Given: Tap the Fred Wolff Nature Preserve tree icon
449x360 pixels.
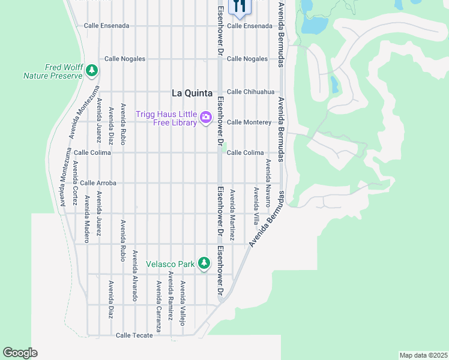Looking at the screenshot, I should [92, 71].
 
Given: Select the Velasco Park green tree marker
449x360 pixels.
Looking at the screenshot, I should [204, 263].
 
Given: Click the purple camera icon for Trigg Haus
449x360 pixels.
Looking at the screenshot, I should [206, 116].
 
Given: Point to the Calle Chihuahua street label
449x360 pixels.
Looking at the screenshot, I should [250, 92].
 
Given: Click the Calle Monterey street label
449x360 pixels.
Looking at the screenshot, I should [249, 122].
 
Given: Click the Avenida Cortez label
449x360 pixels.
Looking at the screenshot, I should [75, 183].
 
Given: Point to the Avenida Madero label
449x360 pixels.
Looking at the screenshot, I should [87, 219].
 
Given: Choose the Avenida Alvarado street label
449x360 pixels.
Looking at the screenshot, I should [135, 275].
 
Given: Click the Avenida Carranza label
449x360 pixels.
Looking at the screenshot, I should [158, 306].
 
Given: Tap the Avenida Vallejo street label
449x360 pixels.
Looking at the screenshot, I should [183, 303].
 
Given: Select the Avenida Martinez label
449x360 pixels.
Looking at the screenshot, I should [232, 215].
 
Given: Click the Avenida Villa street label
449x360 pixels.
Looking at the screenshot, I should [256, 206].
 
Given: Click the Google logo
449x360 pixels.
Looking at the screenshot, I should [20, 353].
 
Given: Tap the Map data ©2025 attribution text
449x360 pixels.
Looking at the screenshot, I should [423, 355].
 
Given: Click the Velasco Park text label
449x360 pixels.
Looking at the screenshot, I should [171, 263].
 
